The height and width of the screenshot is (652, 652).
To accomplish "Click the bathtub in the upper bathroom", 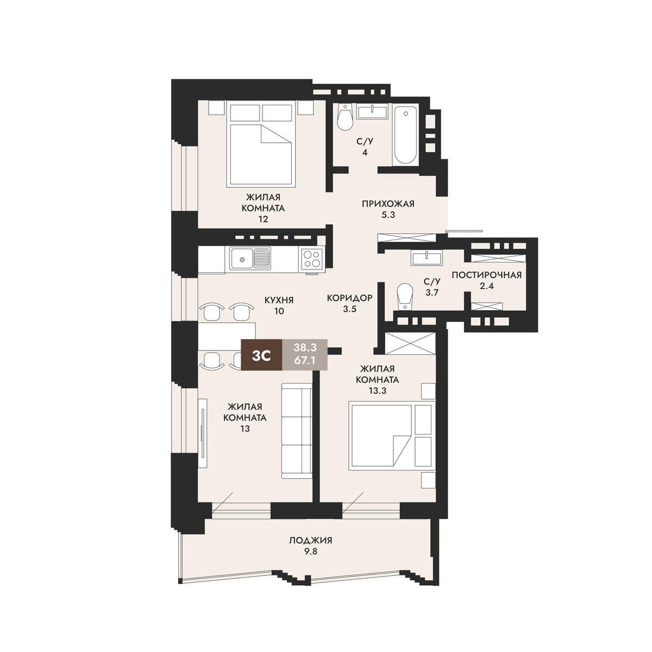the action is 405,135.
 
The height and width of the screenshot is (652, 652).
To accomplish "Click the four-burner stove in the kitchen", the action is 311,259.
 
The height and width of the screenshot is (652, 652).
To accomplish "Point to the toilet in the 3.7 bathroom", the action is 404,296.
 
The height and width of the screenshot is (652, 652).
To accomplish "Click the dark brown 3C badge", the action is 261,355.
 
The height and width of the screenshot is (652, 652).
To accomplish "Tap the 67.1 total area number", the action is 305,361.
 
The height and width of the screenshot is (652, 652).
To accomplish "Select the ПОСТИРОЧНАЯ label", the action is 486,275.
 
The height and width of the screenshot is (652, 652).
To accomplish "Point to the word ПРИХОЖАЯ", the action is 388,204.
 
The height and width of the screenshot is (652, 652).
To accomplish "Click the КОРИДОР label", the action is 349,298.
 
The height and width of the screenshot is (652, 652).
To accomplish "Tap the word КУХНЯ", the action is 279,300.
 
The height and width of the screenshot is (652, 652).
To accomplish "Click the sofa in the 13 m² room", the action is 297,431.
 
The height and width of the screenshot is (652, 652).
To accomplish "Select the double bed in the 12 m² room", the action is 260,145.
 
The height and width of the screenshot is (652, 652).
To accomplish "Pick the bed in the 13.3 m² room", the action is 392,435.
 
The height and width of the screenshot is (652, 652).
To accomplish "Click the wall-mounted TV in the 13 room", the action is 202,432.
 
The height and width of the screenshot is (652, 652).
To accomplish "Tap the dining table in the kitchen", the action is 227,336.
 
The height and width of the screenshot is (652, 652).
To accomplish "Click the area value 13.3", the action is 377,391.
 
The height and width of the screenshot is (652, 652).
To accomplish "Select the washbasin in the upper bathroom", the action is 372,112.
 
